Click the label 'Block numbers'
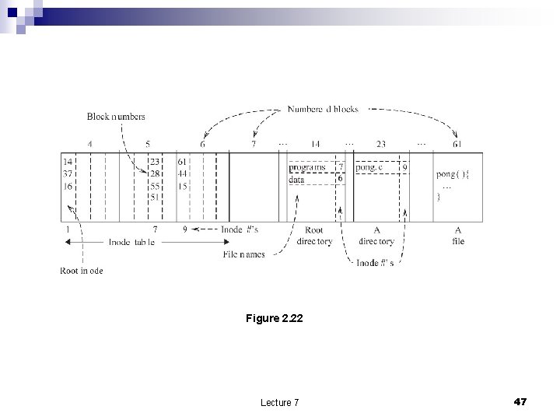[116, 117]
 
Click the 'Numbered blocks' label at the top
[323, 110]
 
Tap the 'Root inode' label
[82, 271]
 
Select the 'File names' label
[243, 254]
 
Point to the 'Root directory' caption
[314, 236]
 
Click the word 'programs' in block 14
[307, 167]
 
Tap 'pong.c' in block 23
[369, 167]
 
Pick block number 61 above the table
[458, 144]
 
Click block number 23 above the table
[380, 144]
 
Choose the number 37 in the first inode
[68, 173]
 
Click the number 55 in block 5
[155, 187]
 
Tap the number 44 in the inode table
[182, 174]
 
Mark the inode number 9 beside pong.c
[404, 167]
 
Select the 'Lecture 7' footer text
[280, 402]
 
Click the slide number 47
[520, 401]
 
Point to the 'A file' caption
[458, 236]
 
